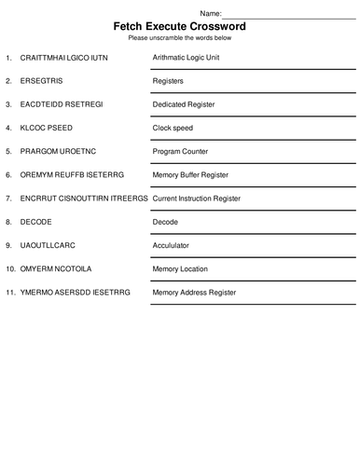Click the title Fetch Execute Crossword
pyautogui.click(x=179, y=27)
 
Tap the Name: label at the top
pyautogui.click(x=212, y=13)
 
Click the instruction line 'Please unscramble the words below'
pyautogui.click(x=179, y=38)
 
